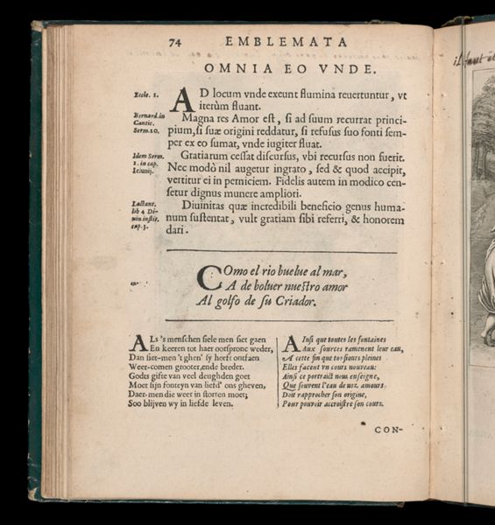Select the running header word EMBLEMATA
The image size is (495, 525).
click(x=286, y=41)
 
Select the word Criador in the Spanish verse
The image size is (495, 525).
click(x=292, y=300)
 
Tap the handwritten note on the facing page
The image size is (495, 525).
click(x=474, y=57)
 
